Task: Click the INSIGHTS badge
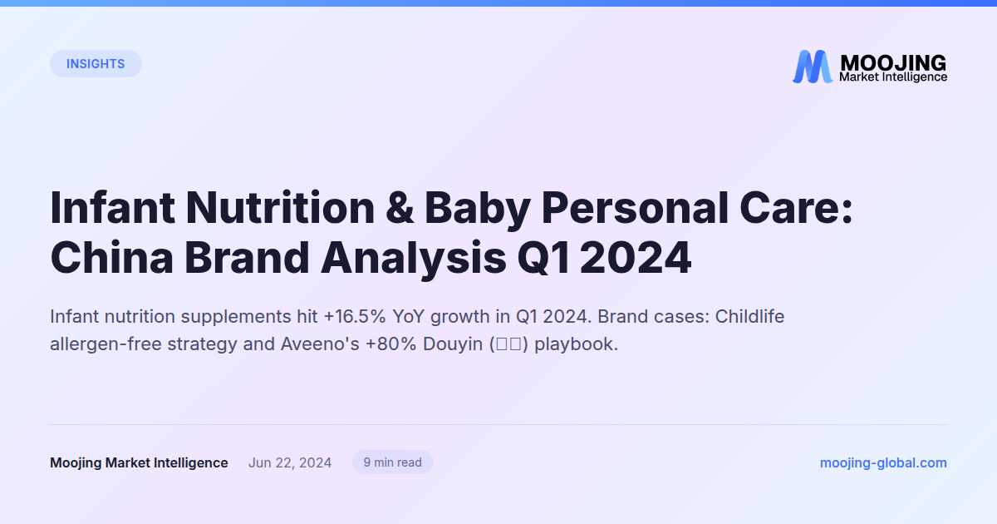click(x=96, y=64)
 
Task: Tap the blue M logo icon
click(x=812, y=67)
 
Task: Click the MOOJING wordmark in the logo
click(x=893, y=62)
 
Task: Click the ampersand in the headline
click(x=398, y=208)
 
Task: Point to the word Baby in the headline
click(x=476, y=208)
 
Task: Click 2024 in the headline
click(x=636, y=259)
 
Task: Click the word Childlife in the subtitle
click(x=749, y=317)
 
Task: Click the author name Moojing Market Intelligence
click(x=139, y=463)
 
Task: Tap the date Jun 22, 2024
click(x=290, y=463)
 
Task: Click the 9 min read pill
click(x=393, y=462)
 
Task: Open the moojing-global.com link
click(x=883, y=463)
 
